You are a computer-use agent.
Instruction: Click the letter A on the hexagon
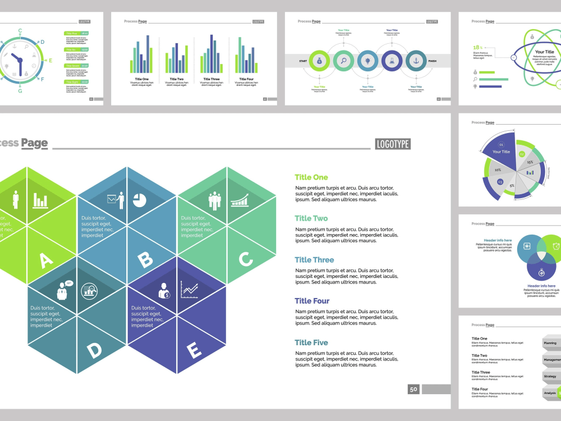46,260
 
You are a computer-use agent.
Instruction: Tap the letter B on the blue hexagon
145,260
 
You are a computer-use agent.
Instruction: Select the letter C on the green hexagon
246,259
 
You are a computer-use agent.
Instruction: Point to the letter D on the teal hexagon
95,351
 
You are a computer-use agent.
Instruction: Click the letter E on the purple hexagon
194,351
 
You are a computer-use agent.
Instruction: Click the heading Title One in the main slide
311,177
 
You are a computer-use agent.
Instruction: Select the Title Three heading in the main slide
314,260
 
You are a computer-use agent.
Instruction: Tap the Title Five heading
311,342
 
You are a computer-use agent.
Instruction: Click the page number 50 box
414,389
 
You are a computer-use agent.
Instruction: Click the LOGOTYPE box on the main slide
393,144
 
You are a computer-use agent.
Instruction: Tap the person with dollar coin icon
164,290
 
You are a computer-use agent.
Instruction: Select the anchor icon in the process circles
416,61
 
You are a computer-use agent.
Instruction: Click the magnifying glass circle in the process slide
343,61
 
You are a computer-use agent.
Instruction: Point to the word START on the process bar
303,61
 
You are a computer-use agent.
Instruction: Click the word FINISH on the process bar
432,61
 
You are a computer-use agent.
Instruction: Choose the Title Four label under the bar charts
246,79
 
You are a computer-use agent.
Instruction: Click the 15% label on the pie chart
530,162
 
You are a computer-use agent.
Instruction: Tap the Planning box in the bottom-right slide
551,342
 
